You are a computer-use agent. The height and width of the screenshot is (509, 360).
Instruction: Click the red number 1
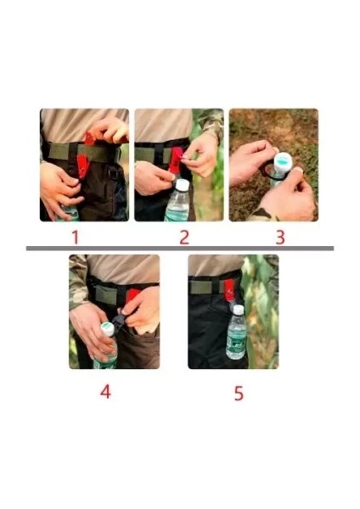[74, 238]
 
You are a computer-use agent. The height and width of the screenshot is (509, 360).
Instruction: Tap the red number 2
[184, 238]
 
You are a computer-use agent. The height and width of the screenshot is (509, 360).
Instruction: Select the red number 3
[279, 238]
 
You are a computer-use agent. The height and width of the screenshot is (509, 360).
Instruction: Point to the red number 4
[105, 393]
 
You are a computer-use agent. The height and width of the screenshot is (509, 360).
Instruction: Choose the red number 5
[239, 393]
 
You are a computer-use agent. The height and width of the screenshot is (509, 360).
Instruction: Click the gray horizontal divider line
[179, 249]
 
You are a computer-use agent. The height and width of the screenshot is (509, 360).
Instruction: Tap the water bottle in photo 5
[236, 334]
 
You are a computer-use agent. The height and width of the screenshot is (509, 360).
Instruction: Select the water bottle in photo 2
[177, 203]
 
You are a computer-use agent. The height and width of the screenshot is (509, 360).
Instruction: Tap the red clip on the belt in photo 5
[229, 288]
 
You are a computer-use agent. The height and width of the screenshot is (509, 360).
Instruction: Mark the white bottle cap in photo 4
[108, 328]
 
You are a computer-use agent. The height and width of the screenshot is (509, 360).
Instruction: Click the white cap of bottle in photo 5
[238, 310]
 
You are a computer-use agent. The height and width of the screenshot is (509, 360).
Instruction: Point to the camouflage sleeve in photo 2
[213, 123]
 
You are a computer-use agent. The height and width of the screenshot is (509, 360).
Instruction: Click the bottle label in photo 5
[236, 341]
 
